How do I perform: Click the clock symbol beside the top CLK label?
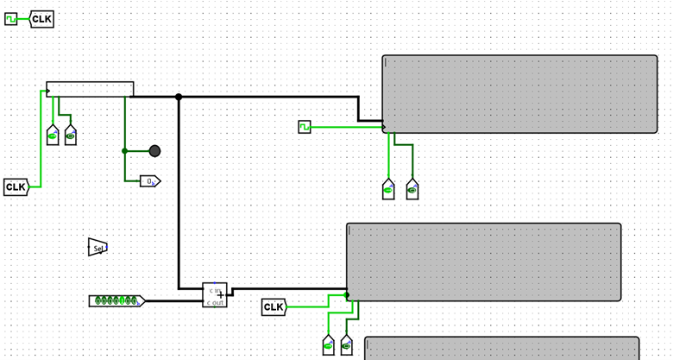(x=11, y=19)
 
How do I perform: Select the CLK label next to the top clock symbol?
(x=42, y=19)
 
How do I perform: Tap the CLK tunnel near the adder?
(x=274, y=307)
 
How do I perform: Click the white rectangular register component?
(x=91, y=89)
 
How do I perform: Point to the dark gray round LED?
(x=154, y=151)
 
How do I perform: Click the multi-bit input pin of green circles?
(x=116, y=300)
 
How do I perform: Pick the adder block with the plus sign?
(x=215, y=294)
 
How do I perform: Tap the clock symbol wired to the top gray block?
(x=304, y=127)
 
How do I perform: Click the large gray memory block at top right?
(x=519, y=94)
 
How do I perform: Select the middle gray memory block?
(x=483, y=262)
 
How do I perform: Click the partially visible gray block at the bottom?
(x=501, y=348)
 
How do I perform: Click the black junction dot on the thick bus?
(x=179, y=97)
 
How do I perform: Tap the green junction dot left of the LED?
(x=125, y=151)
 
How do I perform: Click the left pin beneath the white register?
(x=53, y=136)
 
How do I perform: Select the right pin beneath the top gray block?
(x=412, y=189)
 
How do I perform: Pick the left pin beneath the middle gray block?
(x=329, y=345)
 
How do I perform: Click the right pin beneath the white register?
(x=71, y=136)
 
